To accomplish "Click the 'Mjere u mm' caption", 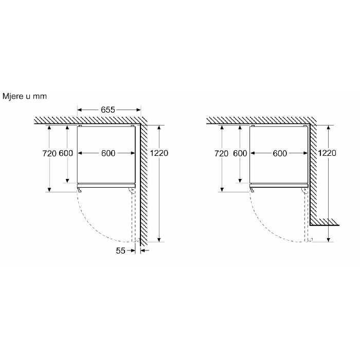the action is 25,96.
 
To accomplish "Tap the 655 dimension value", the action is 108,110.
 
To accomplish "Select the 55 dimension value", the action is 120,250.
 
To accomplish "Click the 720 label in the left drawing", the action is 49,153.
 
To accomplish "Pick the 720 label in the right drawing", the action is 222,153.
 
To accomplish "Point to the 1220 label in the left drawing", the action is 159,153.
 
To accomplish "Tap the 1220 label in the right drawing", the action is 327,153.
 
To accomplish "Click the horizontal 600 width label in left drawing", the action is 108,153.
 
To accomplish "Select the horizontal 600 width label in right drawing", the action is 280,153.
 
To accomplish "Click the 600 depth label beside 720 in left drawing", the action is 66,153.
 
